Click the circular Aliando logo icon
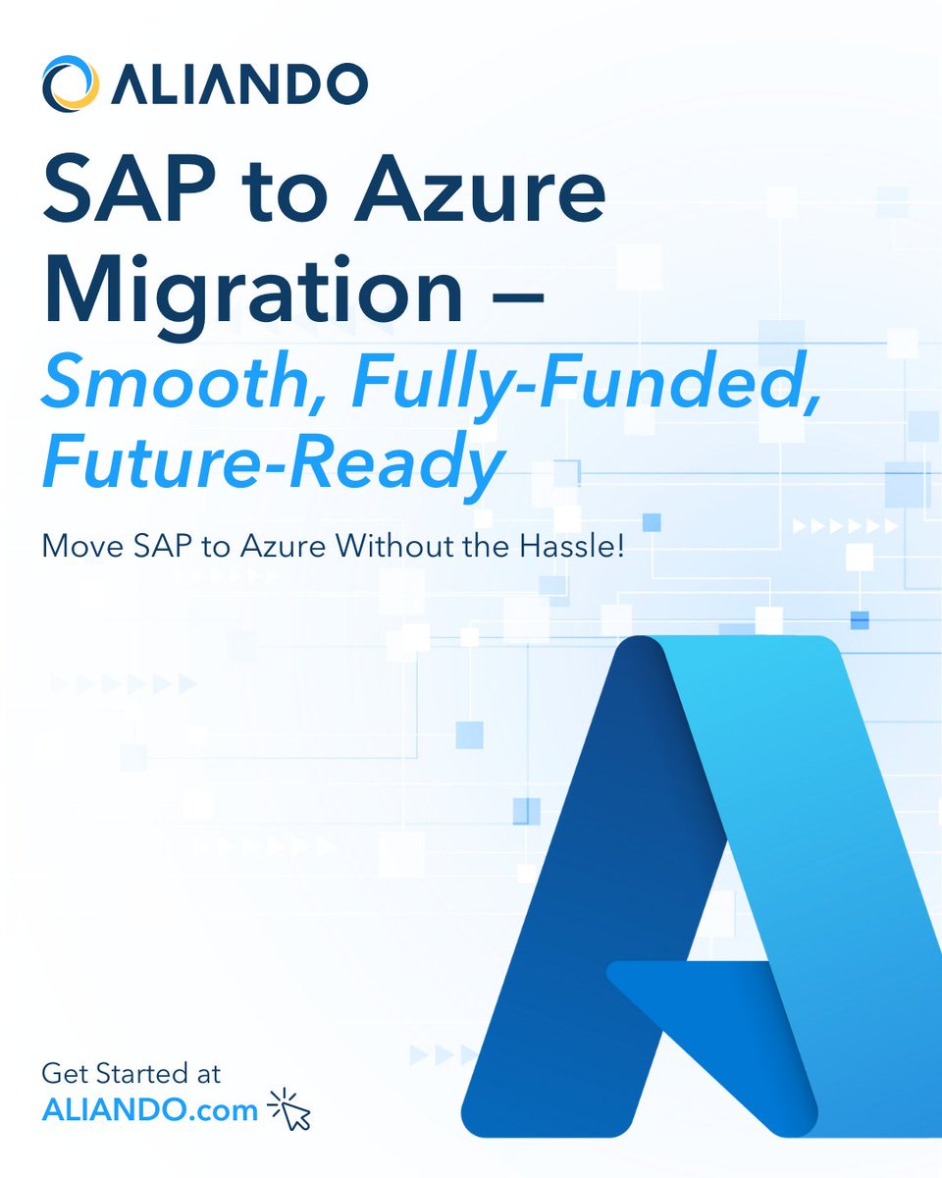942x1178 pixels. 69,82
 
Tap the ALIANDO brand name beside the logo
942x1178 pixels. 238,84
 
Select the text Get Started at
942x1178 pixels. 131,1071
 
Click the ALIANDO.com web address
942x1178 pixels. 150,1109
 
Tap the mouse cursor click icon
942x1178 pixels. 289,1109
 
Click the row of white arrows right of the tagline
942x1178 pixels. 844,526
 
